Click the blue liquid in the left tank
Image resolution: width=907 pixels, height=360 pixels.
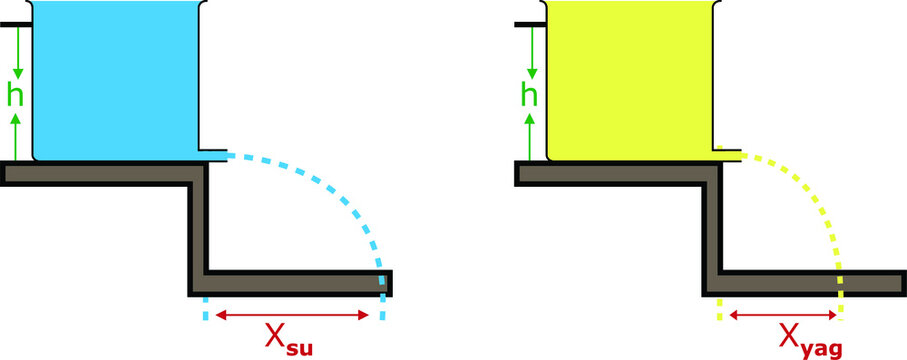(115, 80)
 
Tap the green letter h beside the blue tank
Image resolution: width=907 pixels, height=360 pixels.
(16, 98)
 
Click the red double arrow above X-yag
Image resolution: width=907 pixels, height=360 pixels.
(780, 315)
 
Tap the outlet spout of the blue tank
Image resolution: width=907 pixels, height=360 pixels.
(215, 155)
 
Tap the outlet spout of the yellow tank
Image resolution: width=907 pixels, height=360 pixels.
(730, 155)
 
